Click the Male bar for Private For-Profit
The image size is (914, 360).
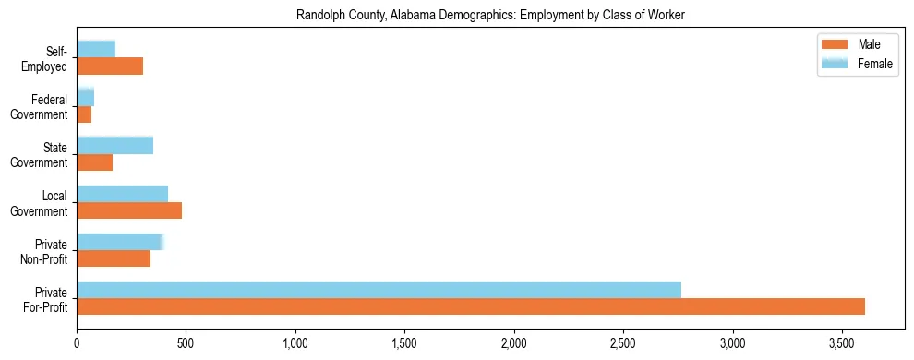click(x=471, y=306)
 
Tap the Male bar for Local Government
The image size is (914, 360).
click(x=129, y=210)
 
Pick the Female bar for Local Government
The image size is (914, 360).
click(x=122, y=193)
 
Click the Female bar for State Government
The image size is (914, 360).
click(x=114, y=145)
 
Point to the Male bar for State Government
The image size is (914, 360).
click(x=94, y=162)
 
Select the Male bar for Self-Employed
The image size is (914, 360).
click(x=110, y=66)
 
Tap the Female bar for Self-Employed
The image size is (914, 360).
click(x=96, y=49)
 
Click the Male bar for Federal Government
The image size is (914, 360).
click(x=84, y=114)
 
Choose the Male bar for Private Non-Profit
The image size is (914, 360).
click(x=114, y=258)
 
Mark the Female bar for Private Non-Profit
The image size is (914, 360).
click(x=120, y=241)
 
